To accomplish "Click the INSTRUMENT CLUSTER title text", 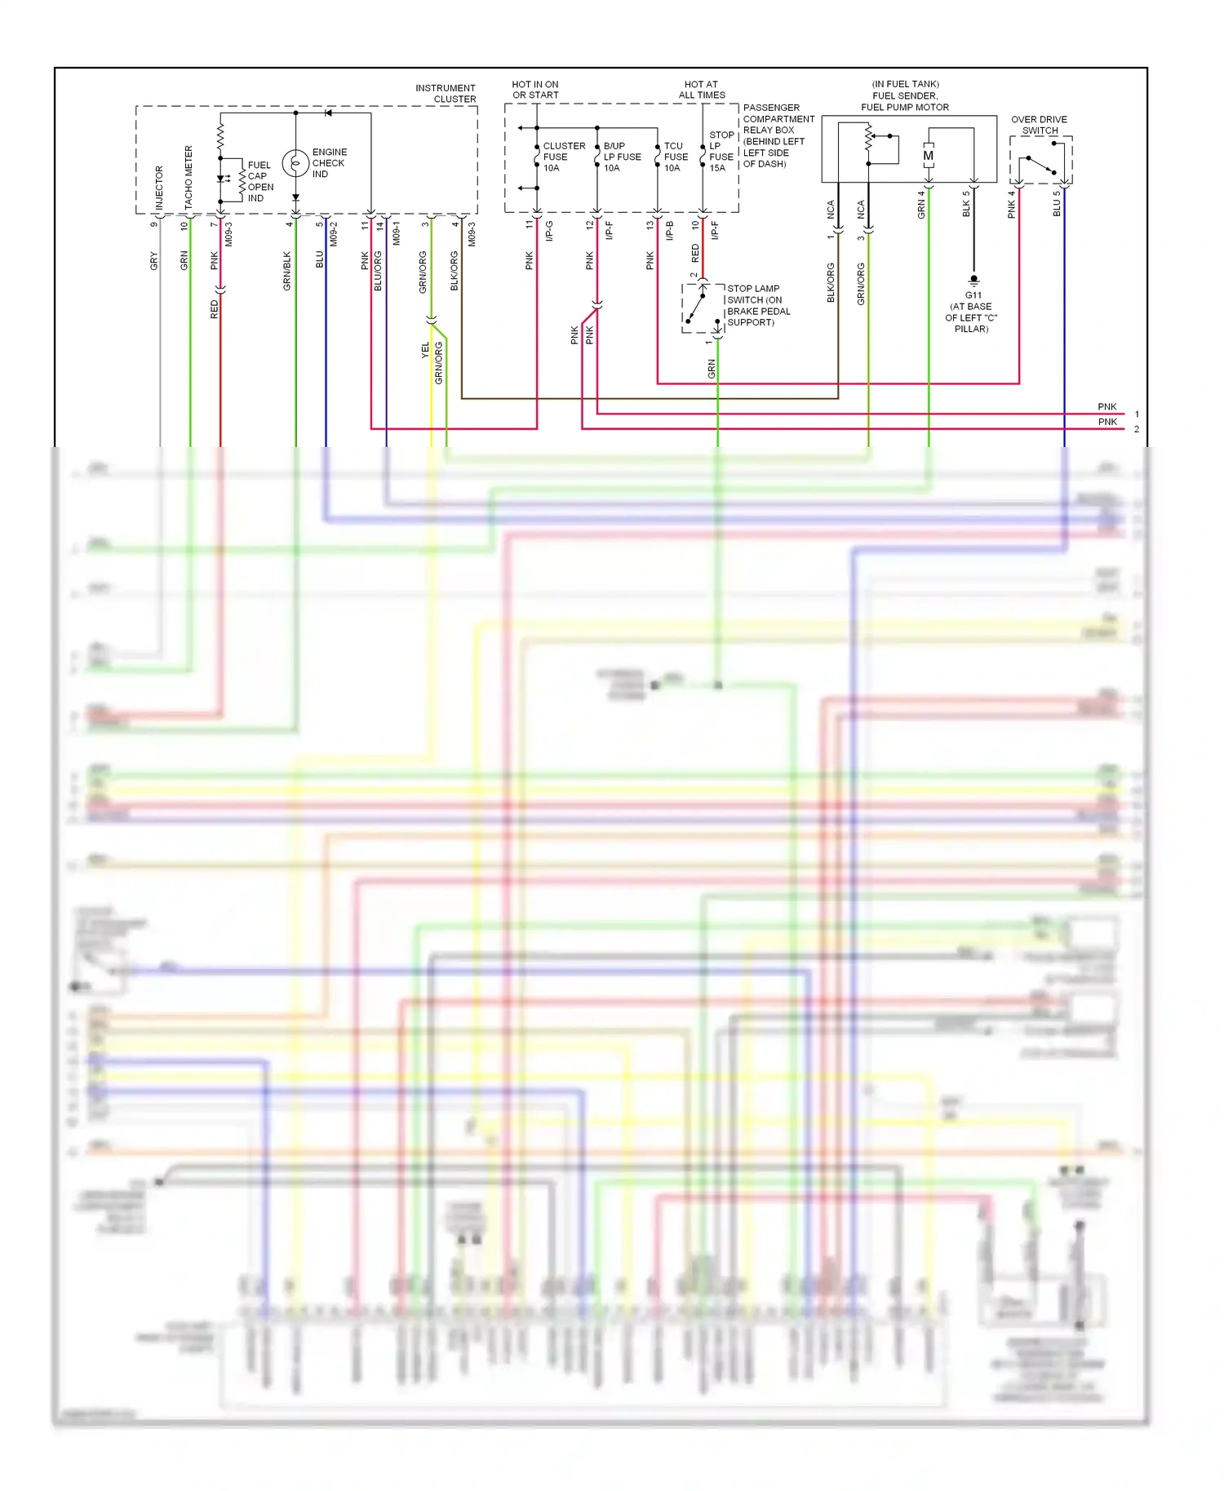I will (446, 93).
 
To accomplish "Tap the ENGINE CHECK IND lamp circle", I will (295, 163).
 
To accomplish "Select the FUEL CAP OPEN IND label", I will (260, 181).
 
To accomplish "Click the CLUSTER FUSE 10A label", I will (563, 157).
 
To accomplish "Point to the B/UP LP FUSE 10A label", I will (622, 157).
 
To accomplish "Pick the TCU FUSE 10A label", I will (675, 157).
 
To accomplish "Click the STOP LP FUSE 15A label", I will (721, 152).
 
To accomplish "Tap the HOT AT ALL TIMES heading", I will (701, 90).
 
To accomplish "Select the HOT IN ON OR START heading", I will (535, 90).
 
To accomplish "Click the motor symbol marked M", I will (928, 156).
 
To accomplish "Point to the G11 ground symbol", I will (973, 280).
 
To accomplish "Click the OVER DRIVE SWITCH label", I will (1039, 125).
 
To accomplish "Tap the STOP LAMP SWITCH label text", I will (758, 305).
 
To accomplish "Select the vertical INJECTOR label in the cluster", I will (159, 187).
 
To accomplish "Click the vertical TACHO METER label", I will (188, 177).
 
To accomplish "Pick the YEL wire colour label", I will (425, 350).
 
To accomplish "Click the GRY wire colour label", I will (154, 261).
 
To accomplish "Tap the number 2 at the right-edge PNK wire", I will (1136, 429).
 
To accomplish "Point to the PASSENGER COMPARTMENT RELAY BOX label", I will (778, 135).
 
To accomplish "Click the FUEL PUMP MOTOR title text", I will (905, 107).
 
